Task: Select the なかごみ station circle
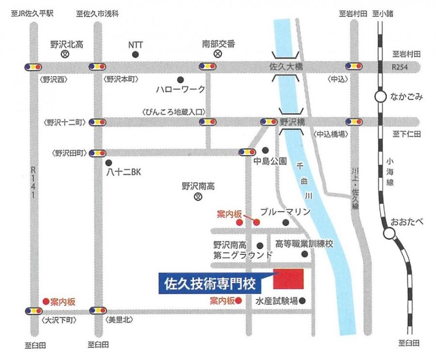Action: coord(380,97)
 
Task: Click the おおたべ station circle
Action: coord(389,235)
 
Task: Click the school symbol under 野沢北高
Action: coord(64,55)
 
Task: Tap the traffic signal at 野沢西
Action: coord(31,66)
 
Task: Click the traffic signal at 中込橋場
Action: coord(353,122)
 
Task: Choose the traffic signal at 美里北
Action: coord(97,310)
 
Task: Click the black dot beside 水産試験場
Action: coord(303,301)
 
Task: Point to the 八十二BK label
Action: coord(123,172)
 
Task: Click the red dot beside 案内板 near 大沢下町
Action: coord(46,301)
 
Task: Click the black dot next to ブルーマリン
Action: coord(286,222)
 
